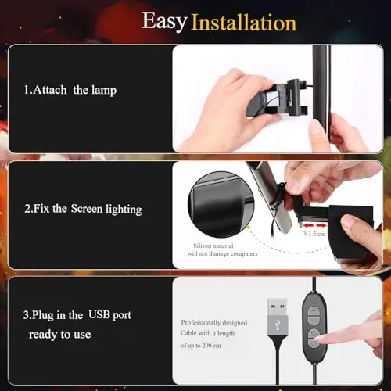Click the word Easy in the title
(x=164, y=22)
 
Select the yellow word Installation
(x=244, y=23)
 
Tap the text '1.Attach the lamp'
(x=70, y=90)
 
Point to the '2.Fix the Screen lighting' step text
(x=83, y=209)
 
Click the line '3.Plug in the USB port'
(x=77, y=315)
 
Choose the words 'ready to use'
(x=59, y=335)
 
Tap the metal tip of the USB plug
(x=278, y=307)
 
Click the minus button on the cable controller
(x=314, y=321)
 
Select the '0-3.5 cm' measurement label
(x=314, y=234)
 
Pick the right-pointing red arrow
(x=321, y=225)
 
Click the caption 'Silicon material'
(x=213, y=246)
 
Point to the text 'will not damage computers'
(x=222, y=253)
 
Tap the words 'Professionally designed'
(x=214, y=323)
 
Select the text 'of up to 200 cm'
(x=201, y=346)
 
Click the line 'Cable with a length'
(x=207, y=333)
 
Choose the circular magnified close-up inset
(x=221, y=204)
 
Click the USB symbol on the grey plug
(x=278, y=325)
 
